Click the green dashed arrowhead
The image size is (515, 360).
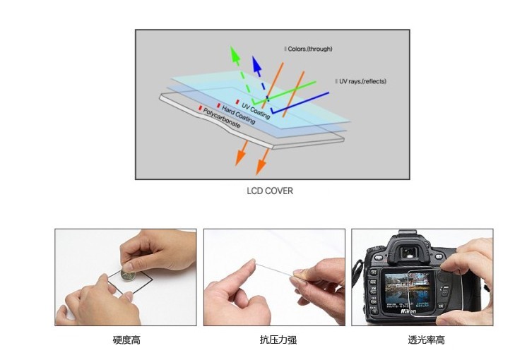[235, 54]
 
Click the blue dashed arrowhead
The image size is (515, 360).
[256, 64]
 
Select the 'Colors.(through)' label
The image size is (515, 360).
[309, 49]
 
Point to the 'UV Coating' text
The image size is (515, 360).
[256, 111]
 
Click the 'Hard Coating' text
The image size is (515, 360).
[239, 115]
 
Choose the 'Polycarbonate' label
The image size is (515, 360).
[222, 118]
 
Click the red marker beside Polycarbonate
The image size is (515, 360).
[200, 107]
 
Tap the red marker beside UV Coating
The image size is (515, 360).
[237, 102]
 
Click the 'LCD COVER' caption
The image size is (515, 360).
[270, 191]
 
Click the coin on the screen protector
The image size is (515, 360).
[128, 275]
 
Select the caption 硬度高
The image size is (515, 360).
[126, 340]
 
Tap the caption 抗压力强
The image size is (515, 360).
[278, 340]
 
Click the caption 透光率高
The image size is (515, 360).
[426, 340]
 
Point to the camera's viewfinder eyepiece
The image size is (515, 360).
[409, 252]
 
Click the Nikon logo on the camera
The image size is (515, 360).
[408, 311]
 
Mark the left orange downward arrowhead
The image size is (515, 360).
[241, 157]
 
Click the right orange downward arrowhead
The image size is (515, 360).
[261, 167]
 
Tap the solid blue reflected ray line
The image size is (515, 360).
[300, 103]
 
